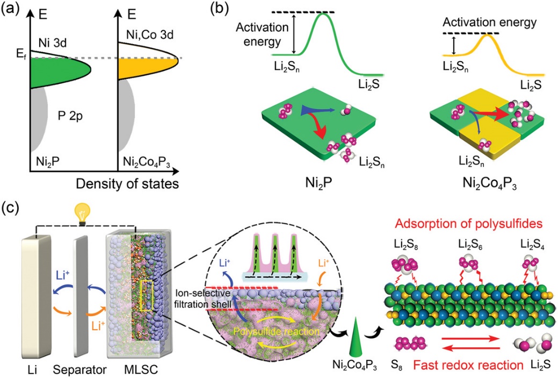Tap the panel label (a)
(x=11, y=9)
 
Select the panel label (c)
(x=11, y=206)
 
